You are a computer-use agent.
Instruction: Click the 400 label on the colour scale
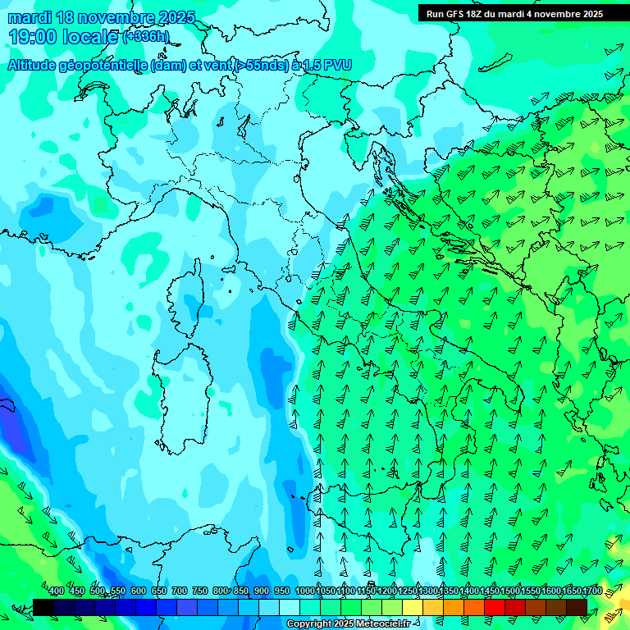click(x=57, y=591)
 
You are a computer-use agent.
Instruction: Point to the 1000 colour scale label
click(x=305, y=591)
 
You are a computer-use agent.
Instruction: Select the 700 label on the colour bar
click(x=180, y=591)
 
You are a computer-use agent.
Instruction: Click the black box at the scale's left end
click(x=43, y=607)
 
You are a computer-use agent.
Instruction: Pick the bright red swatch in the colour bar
click(x=495, y=607)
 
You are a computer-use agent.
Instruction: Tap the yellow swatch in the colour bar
click(x=413, y=607)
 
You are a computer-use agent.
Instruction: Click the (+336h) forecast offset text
click(x=146, y=37)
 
